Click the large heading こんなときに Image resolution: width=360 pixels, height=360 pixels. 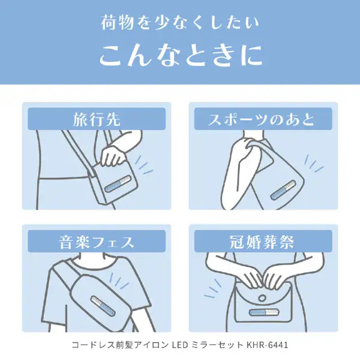(181, 56)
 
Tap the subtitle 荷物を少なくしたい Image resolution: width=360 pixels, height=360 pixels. (180, 23)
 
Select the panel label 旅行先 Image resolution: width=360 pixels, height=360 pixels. (97, 119)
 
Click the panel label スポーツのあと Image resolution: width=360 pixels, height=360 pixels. (261, 119)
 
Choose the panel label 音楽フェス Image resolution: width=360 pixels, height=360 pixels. (97, 242)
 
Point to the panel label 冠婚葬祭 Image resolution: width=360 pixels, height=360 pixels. (262, 242)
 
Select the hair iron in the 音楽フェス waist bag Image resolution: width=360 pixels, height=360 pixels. (103, 305)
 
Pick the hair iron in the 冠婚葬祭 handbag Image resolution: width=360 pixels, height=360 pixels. (264, 313)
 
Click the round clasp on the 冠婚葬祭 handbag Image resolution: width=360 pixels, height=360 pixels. (262, 298)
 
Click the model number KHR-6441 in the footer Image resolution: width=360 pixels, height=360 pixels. (267, 345)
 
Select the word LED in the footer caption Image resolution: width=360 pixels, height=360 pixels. (180, 345)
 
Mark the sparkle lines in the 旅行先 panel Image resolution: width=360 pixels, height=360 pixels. (143, 165)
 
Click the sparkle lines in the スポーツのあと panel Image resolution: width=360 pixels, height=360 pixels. (314, 163)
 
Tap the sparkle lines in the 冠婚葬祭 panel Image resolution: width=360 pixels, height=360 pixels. (212, 289)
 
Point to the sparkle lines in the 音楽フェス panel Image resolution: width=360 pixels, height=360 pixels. (119, 281)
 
